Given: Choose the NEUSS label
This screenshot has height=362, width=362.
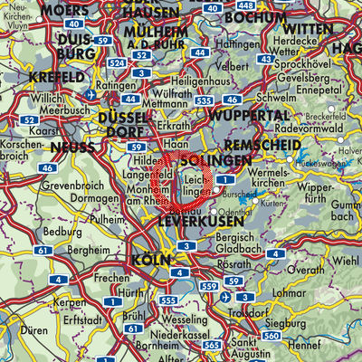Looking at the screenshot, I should [72, 146].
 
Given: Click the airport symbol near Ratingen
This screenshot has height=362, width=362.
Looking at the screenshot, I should [90, 93].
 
